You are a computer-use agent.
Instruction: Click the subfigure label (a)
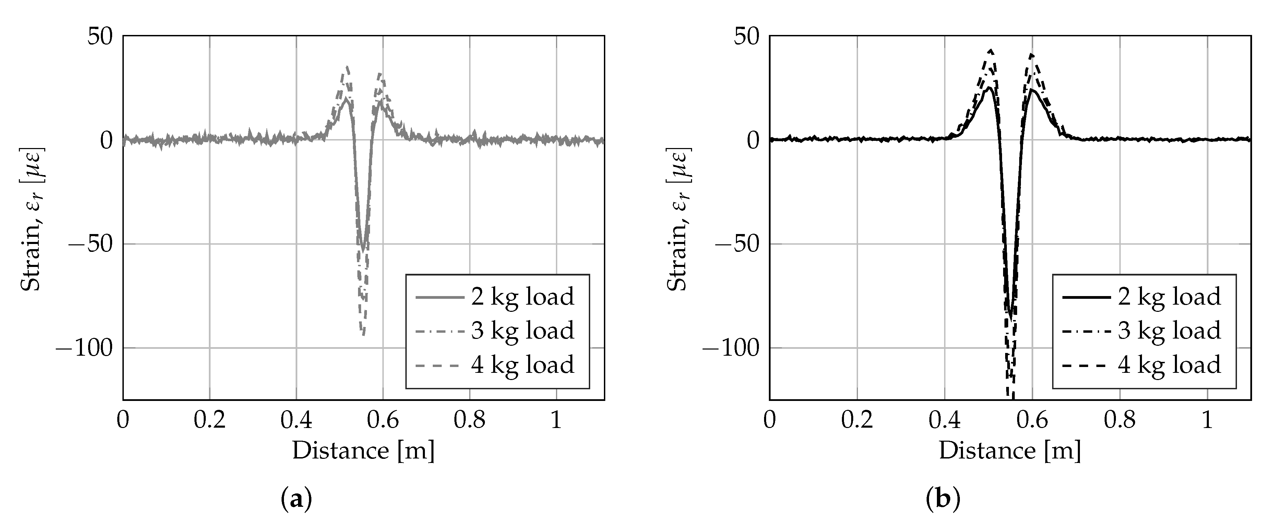click(x=296, y=500)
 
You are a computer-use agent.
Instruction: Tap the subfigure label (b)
click(x=943, y=500)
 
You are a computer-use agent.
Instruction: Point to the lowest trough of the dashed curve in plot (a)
click(x=363, y=334)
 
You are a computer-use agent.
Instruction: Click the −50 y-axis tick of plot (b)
click(x=733, y=244)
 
